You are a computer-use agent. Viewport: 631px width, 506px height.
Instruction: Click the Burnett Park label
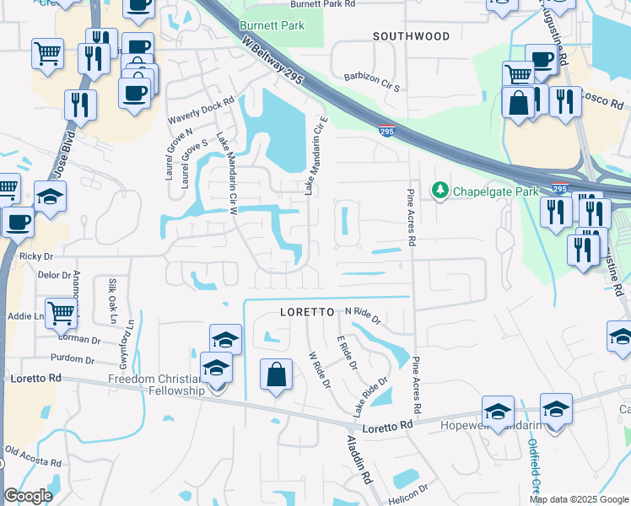pos(271,26)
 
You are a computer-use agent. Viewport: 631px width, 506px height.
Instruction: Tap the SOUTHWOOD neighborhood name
pos(413,36)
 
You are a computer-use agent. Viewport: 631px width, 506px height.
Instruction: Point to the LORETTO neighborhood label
pos(309,312)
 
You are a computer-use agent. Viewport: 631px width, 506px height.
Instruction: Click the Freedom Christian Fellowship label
pos(157,385)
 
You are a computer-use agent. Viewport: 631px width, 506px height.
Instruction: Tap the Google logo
pos(28,496)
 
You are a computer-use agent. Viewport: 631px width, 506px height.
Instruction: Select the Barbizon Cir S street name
pos(373,86)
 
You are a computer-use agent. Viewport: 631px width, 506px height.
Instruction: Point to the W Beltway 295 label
pos(272,62)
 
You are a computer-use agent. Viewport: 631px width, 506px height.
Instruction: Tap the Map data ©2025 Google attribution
pos(579,499)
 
